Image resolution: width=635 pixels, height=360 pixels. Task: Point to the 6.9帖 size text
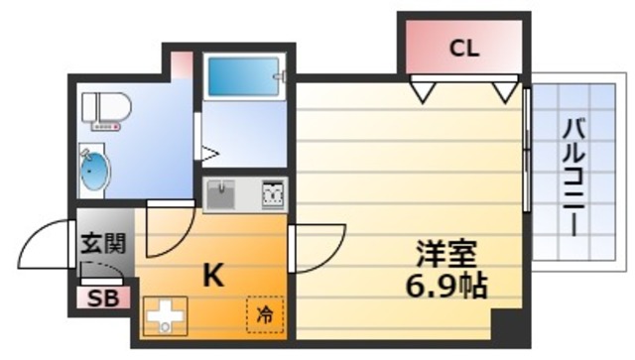point(445,287)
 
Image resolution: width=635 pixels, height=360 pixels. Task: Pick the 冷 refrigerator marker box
point(265,316)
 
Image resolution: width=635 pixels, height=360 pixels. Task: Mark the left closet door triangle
point(425,92)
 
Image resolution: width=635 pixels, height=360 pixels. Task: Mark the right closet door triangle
point(504,92)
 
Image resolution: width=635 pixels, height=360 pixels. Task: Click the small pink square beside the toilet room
point(182,65)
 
